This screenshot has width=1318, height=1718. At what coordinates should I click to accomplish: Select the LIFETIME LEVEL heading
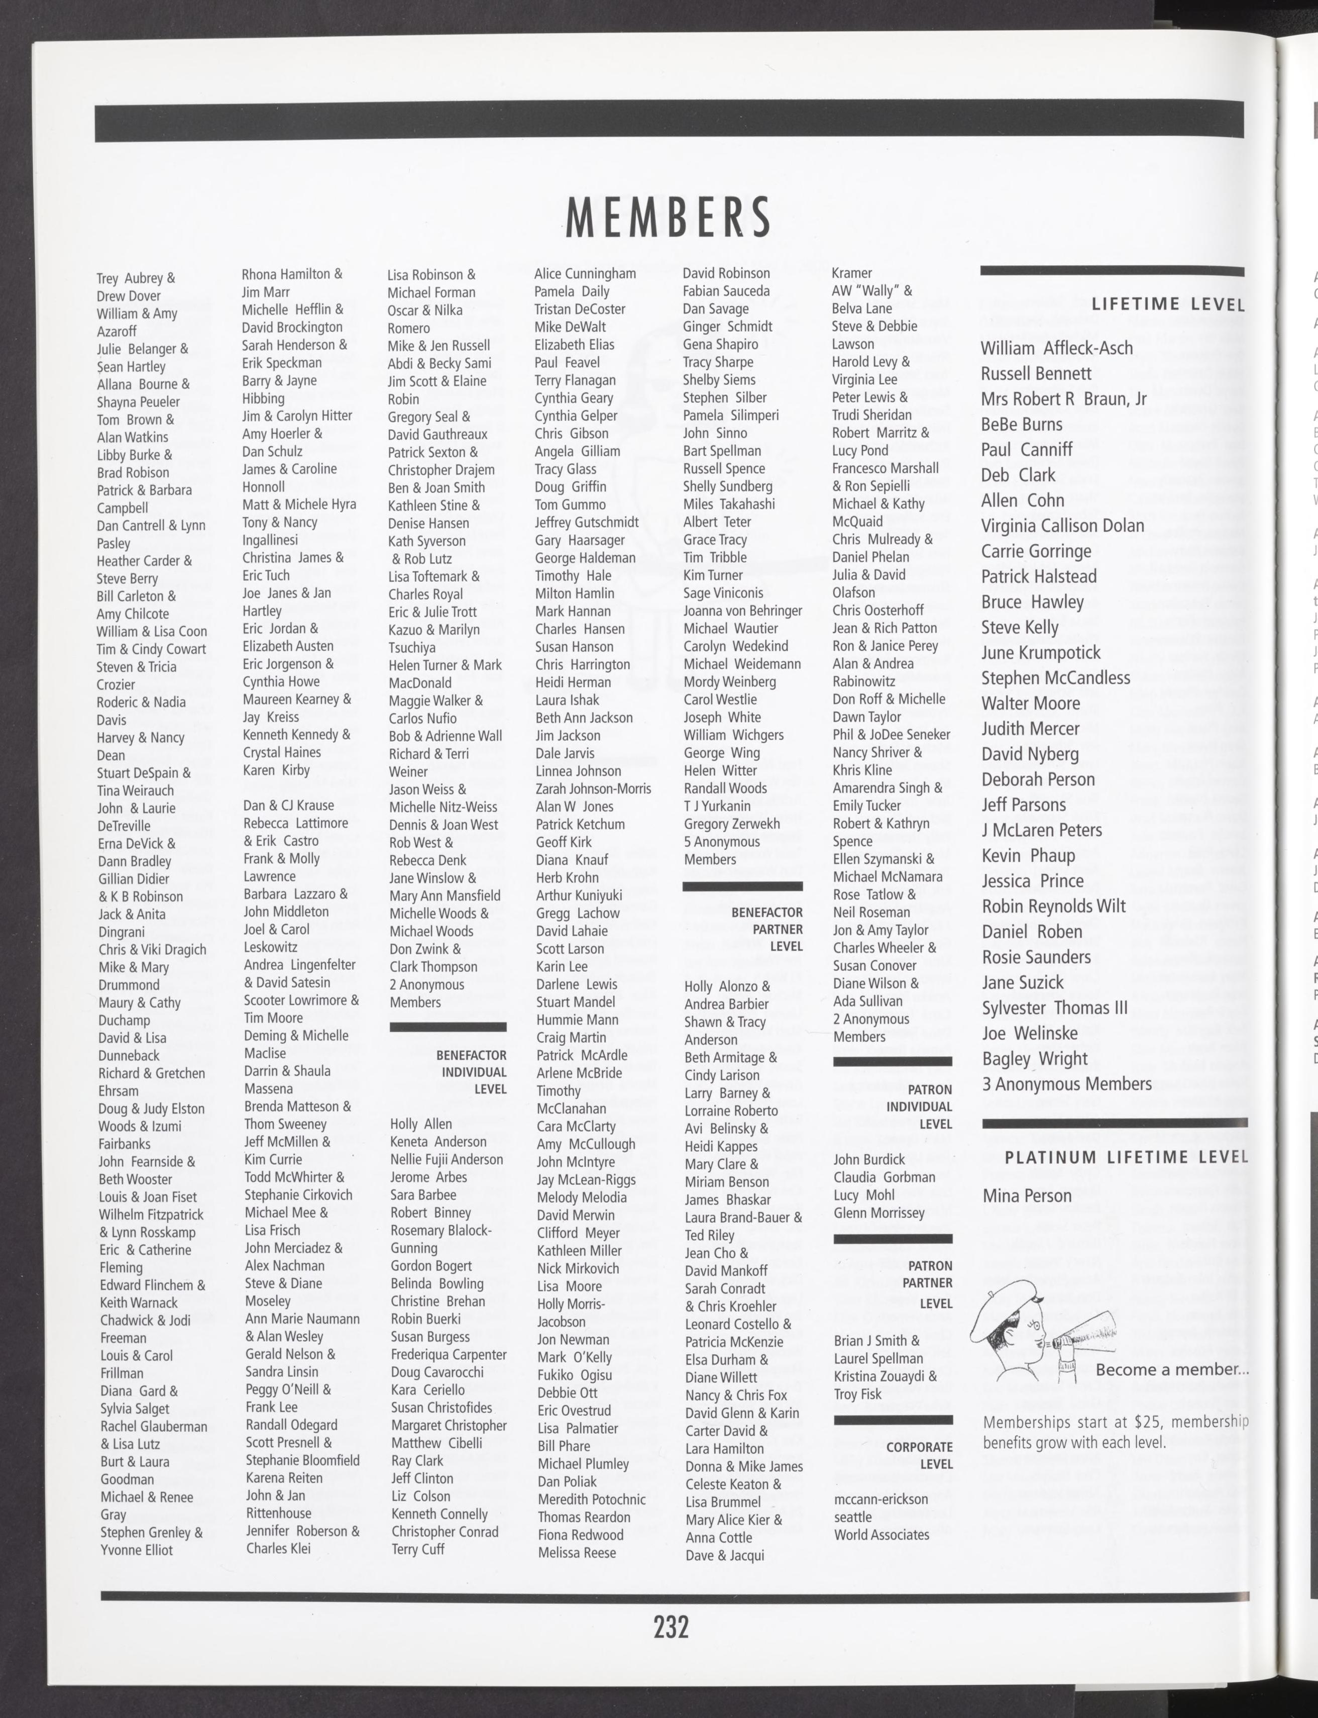[1167, 305]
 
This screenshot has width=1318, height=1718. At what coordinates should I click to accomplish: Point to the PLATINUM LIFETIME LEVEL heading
[1126, 1156]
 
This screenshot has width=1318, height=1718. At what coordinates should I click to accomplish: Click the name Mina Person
[1027, 1195]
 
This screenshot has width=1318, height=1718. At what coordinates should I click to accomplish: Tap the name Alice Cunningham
[585, 274]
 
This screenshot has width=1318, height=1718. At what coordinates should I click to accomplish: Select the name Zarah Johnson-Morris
[593, 789]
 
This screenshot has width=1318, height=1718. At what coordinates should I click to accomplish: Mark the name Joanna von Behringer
[742, 611]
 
